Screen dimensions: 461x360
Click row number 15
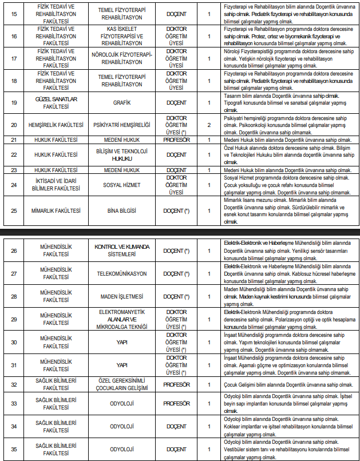point(13,13)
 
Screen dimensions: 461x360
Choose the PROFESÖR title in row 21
point(176,139)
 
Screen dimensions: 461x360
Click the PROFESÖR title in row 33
point(176,403)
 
